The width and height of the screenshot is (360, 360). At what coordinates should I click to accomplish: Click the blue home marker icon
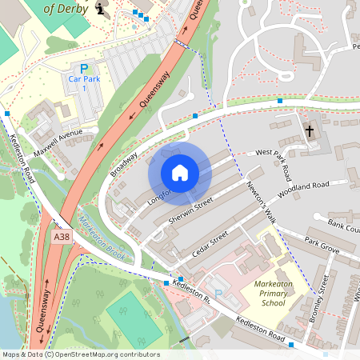(180, 173)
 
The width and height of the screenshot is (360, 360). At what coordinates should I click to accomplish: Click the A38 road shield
(61, 238)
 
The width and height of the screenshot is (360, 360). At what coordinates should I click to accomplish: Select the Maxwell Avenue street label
(58, 142)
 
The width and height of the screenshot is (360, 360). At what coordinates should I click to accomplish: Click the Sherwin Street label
(190, 210)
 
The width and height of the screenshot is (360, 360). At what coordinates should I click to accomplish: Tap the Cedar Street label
(210, 244)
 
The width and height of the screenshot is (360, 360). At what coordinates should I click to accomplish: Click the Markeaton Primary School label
(273, 294)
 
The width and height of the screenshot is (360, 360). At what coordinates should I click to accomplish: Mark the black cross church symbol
(310, 130)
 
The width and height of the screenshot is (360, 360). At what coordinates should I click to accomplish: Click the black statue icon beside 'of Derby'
(100, 8)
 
